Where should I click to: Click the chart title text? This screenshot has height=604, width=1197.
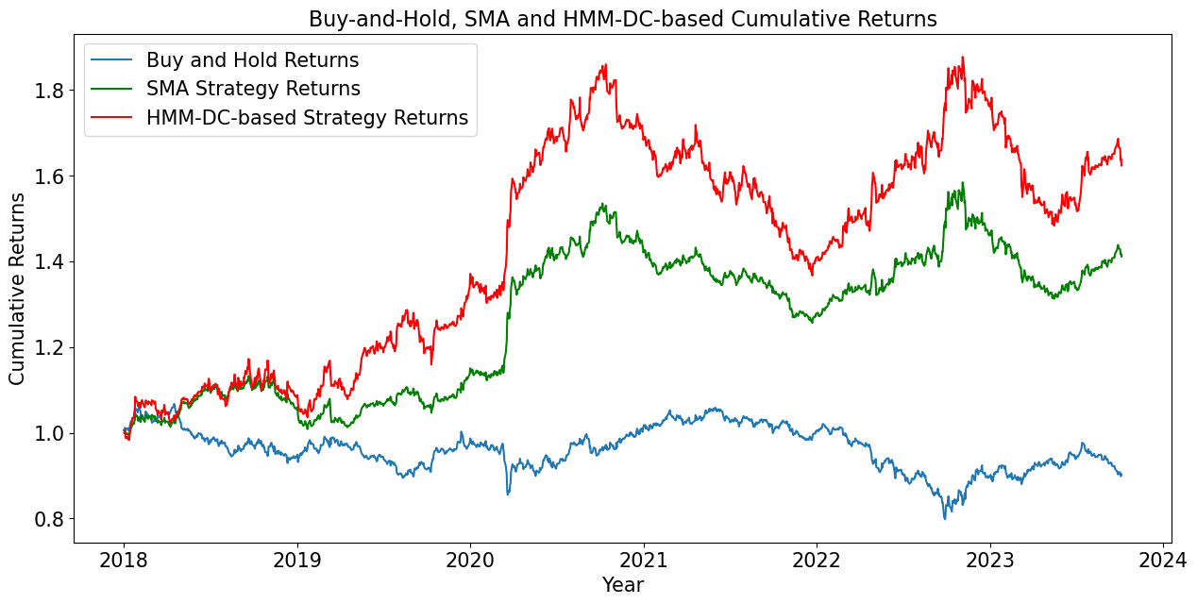click(x=623, y=19)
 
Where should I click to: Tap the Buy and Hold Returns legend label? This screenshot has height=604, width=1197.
click(x=252, y=60)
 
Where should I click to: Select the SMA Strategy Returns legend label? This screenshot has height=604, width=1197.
click(x=253, y=89)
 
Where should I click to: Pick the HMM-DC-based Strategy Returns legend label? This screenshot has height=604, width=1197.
click(x=307, y=118)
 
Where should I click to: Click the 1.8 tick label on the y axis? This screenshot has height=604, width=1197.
click(x=47, y=91)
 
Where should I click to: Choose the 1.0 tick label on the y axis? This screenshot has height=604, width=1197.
click(x=47, y=433)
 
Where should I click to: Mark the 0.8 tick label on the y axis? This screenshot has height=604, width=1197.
click(x=47, y=519)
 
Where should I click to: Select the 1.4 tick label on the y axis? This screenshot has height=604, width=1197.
click(x=47, y=261)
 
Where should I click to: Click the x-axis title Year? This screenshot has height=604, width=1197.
click(x=623, y=585)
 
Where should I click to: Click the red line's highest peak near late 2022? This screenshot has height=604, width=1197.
click(x=963, y=58)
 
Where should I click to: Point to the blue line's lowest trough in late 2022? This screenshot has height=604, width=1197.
click(x=944, y=518)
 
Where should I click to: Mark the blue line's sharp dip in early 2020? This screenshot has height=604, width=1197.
click(x=508, y=494)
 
